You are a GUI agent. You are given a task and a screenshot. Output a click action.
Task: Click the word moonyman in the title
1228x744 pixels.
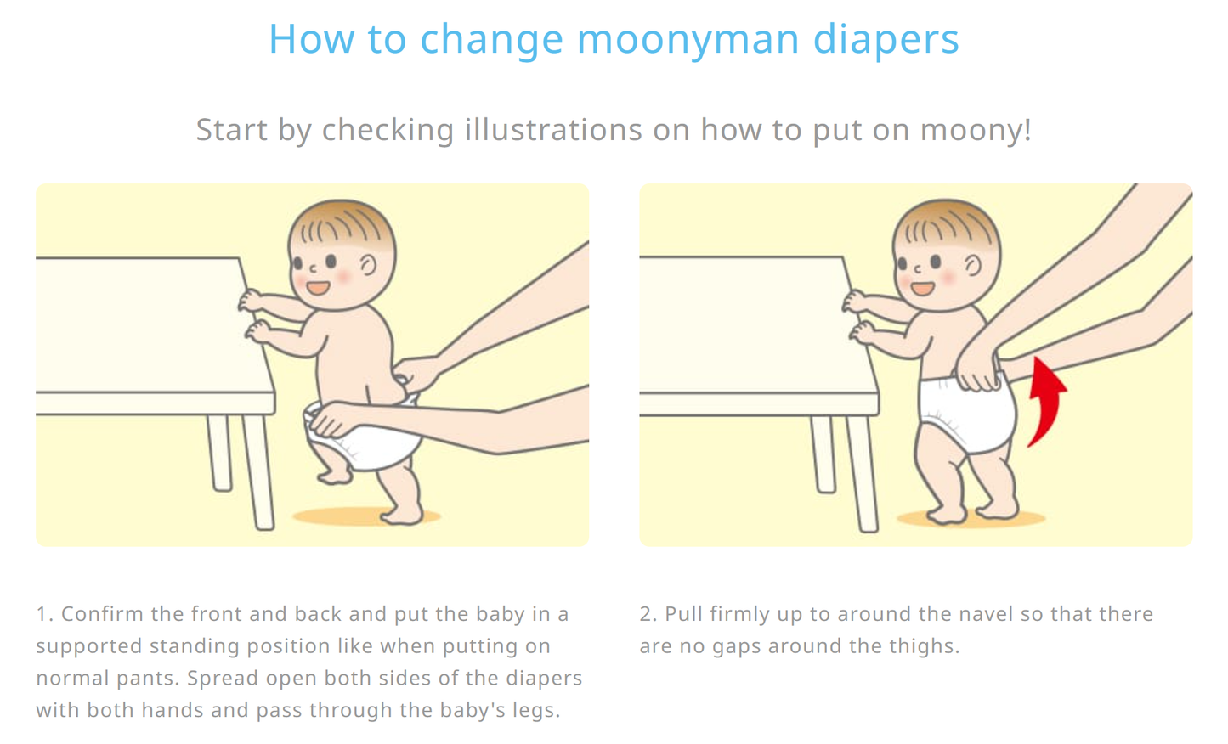click(x=688, y=39)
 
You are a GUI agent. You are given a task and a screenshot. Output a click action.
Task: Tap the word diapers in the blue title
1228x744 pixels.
click(x=886, y=39)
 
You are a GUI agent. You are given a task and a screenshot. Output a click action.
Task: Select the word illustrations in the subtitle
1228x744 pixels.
click(x=553, y=130)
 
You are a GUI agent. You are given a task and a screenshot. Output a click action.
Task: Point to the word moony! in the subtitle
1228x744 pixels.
click(x=976, y=132)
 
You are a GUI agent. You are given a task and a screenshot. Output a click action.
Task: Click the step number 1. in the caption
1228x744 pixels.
click(x=45, y=614)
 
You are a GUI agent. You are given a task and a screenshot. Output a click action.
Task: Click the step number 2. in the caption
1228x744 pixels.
click(x=648, y=614)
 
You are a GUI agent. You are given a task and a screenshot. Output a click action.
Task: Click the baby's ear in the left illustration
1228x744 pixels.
click(x=368, y=265)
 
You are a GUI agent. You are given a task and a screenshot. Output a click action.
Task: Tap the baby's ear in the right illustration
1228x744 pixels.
click(x=972, y=267)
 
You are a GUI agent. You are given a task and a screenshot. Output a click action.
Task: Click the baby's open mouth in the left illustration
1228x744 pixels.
click(x=318, y=287)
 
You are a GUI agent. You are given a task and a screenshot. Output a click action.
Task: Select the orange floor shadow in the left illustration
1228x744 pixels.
click(x=366, y=516)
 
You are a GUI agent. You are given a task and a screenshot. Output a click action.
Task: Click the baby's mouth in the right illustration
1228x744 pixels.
click(x=922, y=288)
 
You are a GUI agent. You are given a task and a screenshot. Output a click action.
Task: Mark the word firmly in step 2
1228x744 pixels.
click(x=741, y=614)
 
